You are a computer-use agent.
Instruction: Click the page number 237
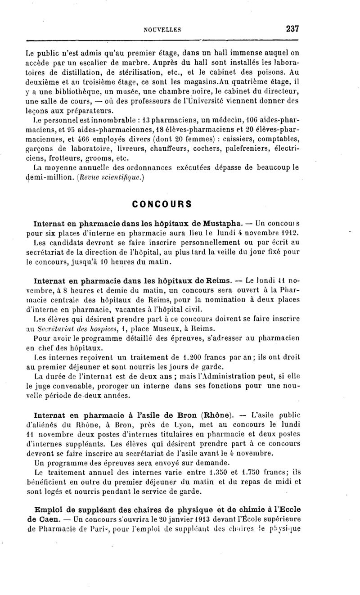(292, 28)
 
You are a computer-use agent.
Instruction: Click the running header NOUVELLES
(162, 29)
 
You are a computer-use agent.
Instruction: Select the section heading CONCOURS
(162, 203)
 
